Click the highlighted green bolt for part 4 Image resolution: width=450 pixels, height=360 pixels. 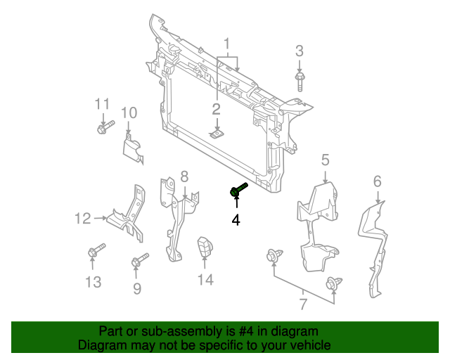click(238, 189)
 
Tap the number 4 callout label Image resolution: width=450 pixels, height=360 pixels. click(236, 221)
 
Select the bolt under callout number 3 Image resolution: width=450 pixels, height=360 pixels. click(300, 79)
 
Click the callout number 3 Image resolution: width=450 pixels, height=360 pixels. click(300, 51)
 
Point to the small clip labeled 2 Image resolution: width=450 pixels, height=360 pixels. click(217, 132)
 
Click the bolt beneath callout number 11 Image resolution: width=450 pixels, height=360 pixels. click(103, 128)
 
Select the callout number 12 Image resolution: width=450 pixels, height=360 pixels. click(83, 219)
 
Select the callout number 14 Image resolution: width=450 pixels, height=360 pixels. click(205, 281)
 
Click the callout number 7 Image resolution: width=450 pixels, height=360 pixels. click(303, 304)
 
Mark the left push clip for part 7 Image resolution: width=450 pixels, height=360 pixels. click(273, 257)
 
